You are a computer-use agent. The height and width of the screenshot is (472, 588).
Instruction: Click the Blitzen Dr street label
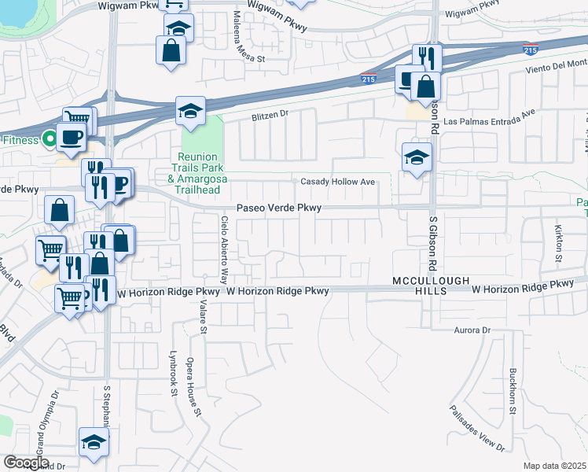pyautogui.click(x=271, y=115)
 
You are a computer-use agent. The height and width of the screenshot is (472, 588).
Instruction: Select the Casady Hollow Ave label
pyautogui.click(x=336, y=182)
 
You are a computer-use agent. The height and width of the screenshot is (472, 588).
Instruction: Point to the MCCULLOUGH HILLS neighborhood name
pyautogui.click(x=432, y=285)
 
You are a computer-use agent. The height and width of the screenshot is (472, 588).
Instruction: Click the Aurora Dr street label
pyautogui.click(x=471, y=330)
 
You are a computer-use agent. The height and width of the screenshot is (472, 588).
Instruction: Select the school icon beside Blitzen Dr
pyautogui.click(x=190, y=111)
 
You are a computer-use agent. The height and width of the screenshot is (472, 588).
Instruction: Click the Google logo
pyautogui.click(x=26, y=463)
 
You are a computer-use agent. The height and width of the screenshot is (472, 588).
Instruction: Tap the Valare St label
pyautogui.click(x=201, y=319)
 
